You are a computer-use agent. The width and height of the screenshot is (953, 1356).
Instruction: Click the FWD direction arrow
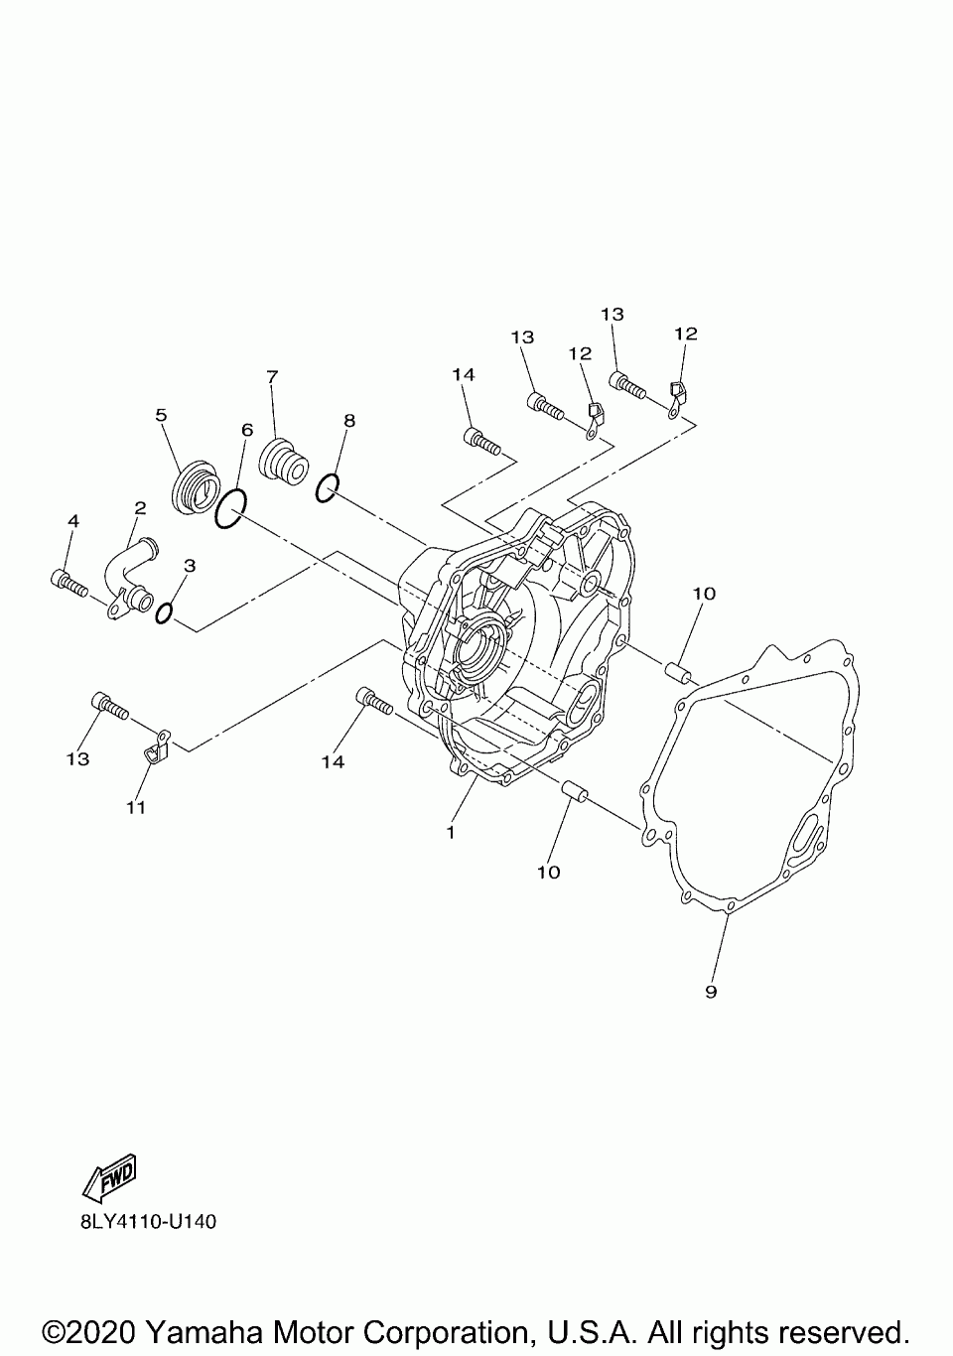(110, 1173)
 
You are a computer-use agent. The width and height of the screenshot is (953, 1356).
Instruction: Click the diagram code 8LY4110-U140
(148, 1221)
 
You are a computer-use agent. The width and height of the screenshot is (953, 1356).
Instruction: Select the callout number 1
(451, 832)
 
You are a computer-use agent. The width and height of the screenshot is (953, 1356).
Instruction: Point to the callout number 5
(161, 415)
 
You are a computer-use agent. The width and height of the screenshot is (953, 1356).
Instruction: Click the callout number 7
(272, 376)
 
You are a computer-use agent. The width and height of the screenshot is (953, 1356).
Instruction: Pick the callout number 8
(348, 420)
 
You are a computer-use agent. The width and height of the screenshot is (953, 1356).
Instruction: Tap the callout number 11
(136, 807)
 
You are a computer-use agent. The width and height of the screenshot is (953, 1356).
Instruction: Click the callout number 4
(72, 520)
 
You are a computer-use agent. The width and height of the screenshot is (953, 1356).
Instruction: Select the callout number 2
(140, 507)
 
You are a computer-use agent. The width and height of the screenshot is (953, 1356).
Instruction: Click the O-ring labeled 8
(329, 487)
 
